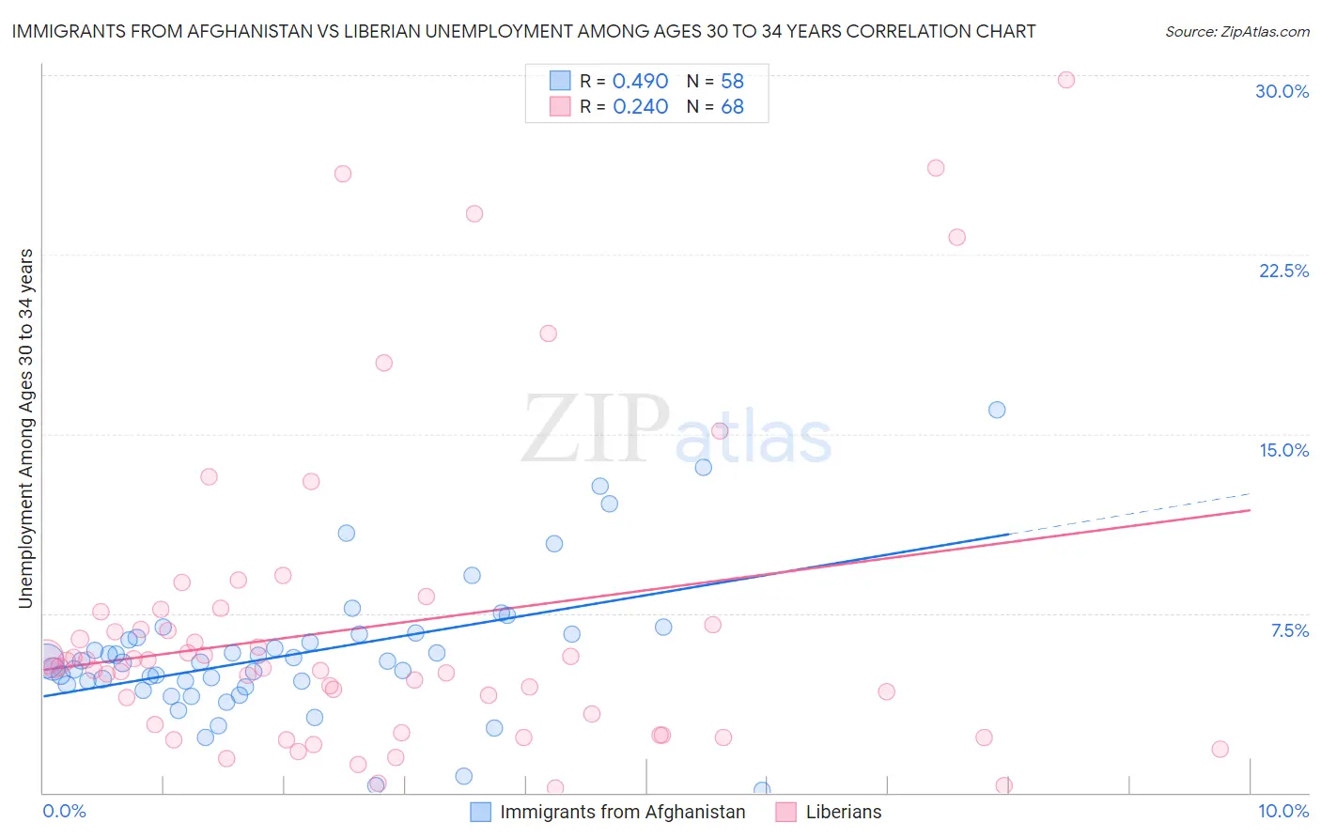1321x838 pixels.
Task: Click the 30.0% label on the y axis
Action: coord(1282,91)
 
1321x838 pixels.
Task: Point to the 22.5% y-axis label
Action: coord(1283,271)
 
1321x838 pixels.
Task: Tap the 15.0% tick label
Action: coord(1283,450)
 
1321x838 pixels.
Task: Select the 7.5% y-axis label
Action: coord(1289,630)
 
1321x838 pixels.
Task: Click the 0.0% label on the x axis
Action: coord(64,811)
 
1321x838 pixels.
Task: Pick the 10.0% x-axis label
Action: coord(1282,811)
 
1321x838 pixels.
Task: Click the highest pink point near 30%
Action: coord(1065,80)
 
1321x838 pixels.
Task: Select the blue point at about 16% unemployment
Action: coord(997,410)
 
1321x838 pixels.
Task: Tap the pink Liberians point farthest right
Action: coord(1220,749)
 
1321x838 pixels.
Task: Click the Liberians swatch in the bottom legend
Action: coord(785,812)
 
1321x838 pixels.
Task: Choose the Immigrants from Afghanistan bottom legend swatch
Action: coord(480,812)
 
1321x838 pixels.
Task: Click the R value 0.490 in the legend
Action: coord(640,82)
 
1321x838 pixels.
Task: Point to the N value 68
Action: coord(732,107)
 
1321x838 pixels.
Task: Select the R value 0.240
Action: coord(640,107)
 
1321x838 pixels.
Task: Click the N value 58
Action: coord(732,82)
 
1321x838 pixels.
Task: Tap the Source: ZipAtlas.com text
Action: coord(1236,31)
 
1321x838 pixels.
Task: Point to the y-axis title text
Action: coord(26,428)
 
